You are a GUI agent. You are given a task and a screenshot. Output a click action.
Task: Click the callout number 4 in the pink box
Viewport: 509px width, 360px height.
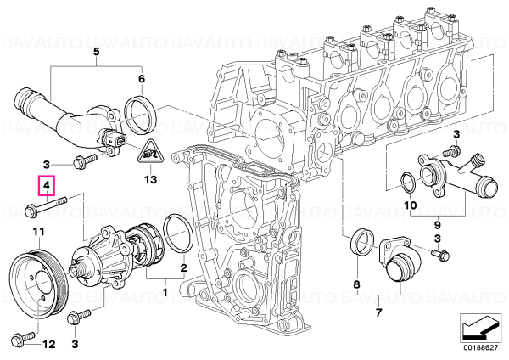click(x=47, y=186)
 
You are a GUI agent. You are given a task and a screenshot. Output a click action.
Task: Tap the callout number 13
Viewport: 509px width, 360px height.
click(x=151, y=179)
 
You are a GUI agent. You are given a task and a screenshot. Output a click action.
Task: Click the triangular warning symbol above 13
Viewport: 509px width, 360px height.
click(x=150, y=152)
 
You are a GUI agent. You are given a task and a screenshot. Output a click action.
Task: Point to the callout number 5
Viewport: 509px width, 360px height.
click(x=97, y=52)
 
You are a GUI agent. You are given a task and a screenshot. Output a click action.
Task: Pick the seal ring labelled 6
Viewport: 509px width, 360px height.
click(x=141, y=115)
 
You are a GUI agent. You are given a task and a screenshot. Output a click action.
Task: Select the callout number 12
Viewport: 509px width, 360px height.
click(x=49, y=344)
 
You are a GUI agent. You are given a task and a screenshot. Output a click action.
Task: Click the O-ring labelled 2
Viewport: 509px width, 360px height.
click(x=178, y=233)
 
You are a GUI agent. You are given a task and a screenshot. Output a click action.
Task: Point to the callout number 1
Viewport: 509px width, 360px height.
click(x=165, y=292)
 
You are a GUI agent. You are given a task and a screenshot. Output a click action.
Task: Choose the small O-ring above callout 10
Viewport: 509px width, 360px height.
click(x=409, y=184)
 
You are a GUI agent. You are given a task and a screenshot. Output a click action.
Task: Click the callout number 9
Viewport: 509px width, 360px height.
click(x=437, y=224)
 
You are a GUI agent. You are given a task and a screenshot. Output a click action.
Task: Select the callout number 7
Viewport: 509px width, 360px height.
click(x=379, y=313)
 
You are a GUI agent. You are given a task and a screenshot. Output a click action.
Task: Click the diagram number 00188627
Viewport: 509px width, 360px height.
click(x=481, y=348)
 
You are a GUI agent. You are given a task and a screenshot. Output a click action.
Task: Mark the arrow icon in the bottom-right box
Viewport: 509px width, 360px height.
click(x=480, y=329)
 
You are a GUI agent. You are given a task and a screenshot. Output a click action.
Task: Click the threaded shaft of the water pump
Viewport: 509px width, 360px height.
click(x=77, y=270)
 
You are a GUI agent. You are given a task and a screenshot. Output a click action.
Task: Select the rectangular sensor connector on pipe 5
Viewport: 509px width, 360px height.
click(x=116, y=138)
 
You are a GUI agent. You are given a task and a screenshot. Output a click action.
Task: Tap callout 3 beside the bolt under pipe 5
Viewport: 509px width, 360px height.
click(x=47, y=165)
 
